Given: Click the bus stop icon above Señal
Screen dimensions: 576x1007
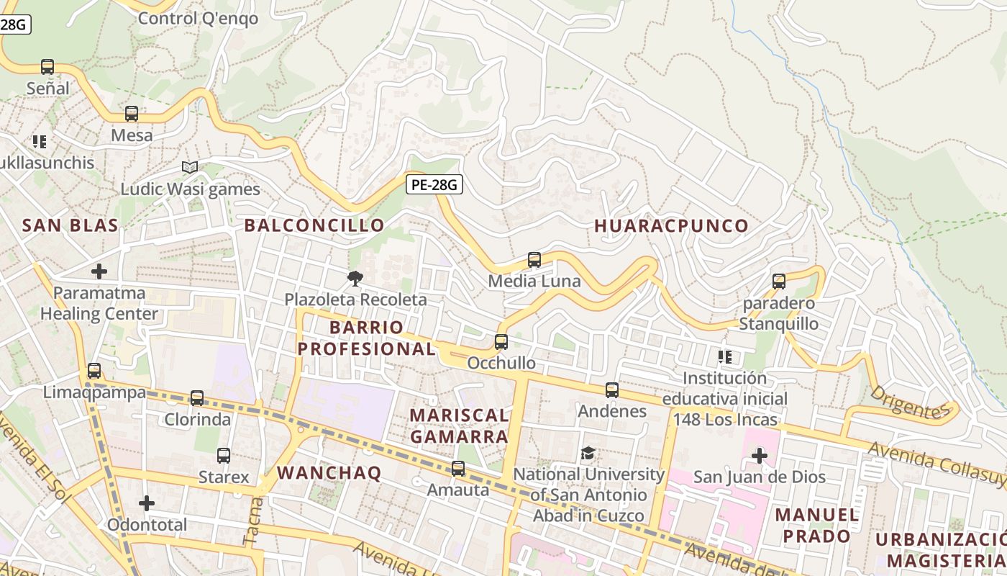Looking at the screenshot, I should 47,67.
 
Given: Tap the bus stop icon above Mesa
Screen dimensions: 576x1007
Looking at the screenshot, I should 132,114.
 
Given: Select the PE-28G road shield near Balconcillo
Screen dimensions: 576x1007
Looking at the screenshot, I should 434,185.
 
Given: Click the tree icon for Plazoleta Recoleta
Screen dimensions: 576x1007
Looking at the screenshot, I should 355,278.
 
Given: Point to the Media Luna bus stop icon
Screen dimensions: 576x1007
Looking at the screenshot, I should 534,260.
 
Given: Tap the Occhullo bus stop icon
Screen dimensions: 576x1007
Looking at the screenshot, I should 501,342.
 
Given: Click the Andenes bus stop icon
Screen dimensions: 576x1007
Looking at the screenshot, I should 612,390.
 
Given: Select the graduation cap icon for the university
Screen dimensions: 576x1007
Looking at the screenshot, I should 588,454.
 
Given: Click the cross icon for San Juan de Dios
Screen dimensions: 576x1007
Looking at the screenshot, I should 760,456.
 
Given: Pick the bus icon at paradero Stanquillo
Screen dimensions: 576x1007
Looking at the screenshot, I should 779,282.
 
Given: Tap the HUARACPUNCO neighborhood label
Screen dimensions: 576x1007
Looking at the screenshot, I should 671,226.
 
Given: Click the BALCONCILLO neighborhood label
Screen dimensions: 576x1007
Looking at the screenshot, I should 314,225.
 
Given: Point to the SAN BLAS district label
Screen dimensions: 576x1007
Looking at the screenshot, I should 70,225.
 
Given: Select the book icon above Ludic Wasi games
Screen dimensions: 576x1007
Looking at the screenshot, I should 190,168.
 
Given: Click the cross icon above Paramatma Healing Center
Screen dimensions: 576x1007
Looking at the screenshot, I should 99,271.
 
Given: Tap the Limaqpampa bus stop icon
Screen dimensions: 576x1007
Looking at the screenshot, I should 94,371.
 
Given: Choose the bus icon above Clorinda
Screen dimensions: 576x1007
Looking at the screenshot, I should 197,398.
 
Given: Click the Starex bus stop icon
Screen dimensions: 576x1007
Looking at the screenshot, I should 224,456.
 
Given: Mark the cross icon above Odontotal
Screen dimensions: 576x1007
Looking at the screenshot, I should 147,503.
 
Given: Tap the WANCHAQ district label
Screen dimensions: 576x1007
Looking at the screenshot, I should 329,473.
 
